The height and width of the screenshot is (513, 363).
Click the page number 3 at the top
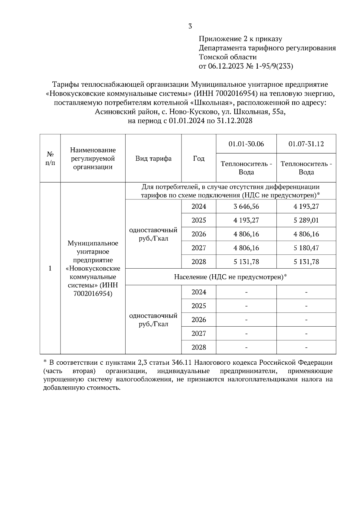[x=190, y=26]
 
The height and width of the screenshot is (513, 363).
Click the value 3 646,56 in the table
[x=246, y=206]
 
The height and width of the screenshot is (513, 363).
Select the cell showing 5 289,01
[x=306, y=220]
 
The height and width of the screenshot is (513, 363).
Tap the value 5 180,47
[x=306, y=248]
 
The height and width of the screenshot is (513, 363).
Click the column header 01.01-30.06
[x=246, y=144]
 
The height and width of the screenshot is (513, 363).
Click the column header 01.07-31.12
[x=306, y=144]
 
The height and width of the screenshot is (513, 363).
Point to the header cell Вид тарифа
[x=153, y=159]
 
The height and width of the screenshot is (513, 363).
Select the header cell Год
[x=199, y=159]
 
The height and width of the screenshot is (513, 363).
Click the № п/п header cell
[x=50, y=159]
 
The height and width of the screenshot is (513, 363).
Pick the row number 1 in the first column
[x=50, y=268]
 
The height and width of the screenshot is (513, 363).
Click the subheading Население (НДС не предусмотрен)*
[x=231, y=277]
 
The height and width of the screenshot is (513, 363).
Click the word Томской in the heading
[x=212, y=57]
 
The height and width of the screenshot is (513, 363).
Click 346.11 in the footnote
[x=182, y=363]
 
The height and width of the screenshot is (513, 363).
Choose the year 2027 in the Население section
[x=199, y=334]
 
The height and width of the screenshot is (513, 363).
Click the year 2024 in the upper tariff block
[x=199, y=206]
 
